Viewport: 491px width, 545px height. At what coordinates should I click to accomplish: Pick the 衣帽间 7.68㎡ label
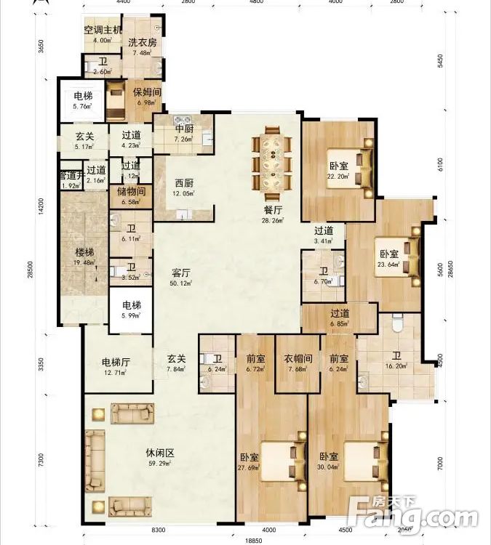[x=298, y=363]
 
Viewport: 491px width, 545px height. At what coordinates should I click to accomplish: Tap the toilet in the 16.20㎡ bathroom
[x=397, y=323]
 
